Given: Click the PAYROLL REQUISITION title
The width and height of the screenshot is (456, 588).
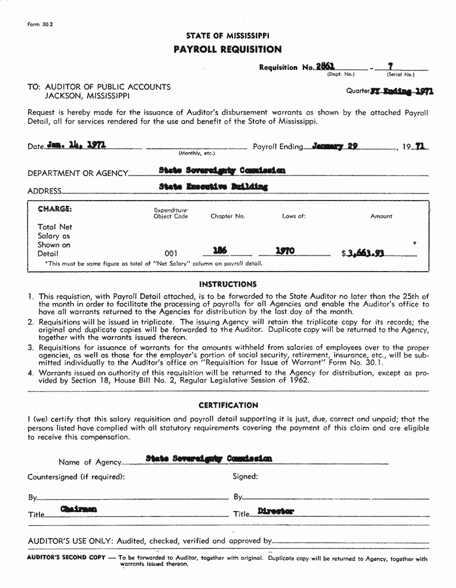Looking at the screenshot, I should [228, 50].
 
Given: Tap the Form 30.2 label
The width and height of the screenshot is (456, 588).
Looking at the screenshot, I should [40, 24].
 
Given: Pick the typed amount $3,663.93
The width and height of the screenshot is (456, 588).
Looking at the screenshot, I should [363, 253].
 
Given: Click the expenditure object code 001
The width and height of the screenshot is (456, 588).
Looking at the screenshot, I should [170, 254].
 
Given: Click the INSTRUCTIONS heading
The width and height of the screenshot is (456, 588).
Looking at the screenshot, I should [228, 284].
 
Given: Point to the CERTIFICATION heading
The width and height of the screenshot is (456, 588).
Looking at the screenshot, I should [228, 405].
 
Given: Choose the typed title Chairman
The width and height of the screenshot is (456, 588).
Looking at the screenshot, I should [78, 509].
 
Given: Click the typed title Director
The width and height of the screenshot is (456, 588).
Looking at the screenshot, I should [276, 511].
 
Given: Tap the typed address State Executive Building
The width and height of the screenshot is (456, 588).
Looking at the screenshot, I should [213, 187].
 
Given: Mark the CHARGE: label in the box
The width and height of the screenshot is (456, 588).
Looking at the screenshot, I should [54, 209].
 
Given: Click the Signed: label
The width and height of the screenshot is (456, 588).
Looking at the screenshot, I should [245, 476].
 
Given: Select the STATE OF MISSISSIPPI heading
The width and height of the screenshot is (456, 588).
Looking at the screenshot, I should [228, 36].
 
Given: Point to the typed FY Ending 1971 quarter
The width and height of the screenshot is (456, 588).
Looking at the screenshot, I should [402, 91].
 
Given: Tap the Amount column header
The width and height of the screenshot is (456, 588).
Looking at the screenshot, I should [381, 216].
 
